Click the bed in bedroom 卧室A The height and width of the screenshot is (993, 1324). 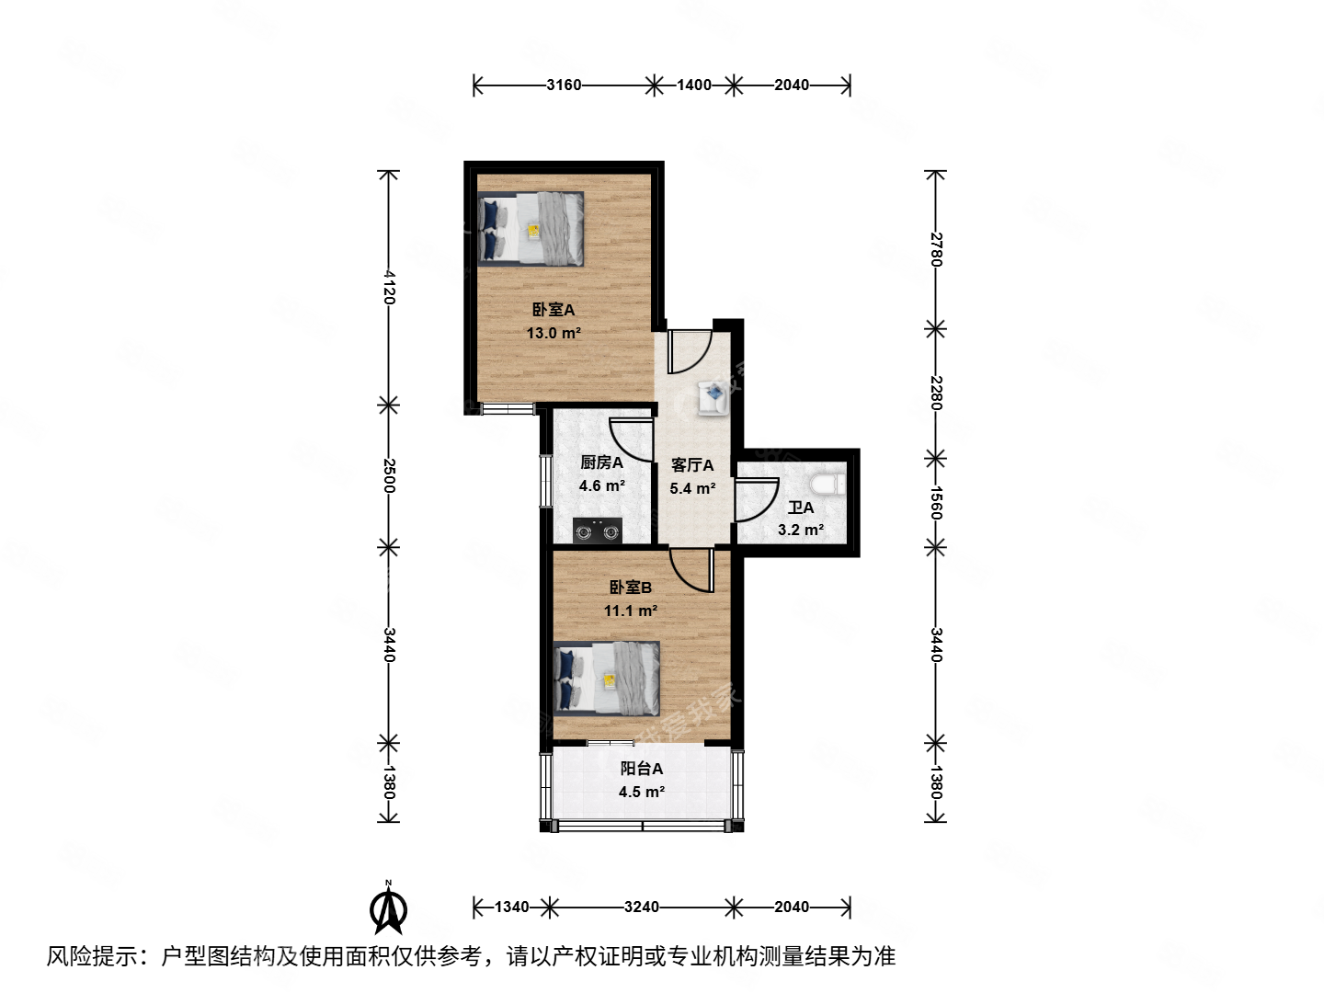[531, 229]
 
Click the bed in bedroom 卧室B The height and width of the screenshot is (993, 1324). [608, 679]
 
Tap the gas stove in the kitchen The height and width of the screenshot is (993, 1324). [597, 531]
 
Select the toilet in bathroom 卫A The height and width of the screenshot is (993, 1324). [829, 484]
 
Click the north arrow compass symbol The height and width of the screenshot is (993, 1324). [388, 908]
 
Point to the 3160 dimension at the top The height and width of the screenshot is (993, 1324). [564, 86]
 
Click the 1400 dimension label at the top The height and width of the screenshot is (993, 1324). [694, 86]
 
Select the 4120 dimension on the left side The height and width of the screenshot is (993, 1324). [389, 287]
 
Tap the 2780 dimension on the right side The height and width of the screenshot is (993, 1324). [936, 249]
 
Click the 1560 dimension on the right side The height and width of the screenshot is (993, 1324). [936, 503]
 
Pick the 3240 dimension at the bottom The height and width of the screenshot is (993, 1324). [641, 907]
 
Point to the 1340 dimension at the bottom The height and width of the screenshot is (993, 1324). [511, 907]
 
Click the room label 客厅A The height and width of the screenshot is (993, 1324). [692, 465]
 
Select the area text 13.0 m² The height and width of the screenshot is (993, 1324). [554, 333]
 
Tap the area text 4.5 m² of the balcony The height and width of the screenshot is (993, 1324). [642, 792]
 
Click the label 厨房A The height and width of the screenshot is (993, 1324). [601, 462]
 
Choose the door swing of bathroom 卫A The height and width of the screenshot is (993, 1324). [756, 500]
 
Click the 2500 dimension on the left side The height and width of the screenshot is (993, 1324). [389, 475]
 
